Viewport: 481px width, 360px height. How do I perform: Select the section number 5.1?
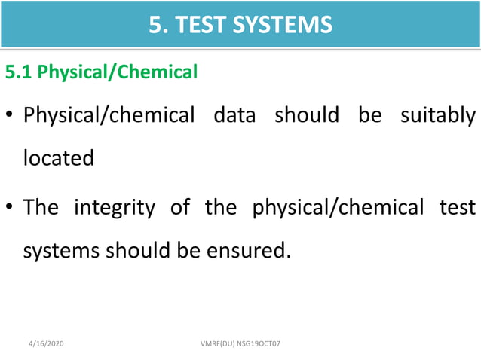point(19,72)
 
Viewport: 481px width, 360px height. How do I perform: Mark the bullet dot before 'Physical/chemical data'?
point(11,118)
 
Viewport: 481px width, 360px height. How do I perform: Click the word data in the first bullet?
point(234,117)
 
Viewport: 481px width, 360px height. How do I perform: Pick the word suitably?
point(437,117)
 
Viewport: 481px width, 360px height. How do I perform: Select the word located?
point(59,159)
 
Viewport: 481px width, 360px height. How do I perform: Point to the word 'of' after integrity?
point(180,207)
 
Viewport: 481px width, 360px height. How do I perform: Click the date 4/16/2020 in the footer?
point(44,343)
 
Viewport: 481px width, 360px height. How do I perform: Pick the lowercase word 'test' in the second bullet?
point(458,207)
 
